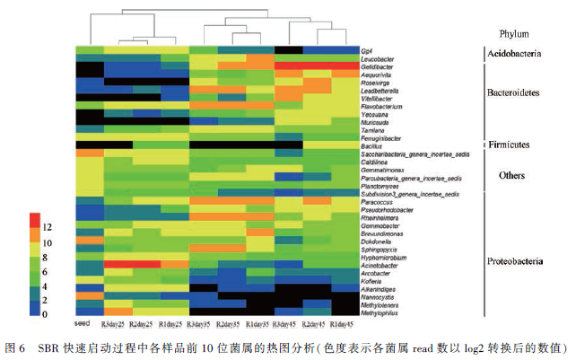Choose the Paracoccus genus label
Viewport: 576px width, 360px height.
coord(377,202)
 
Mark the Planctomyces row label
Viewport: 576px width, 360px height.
coord(381,185)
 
